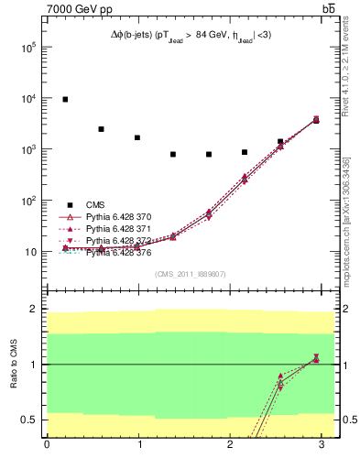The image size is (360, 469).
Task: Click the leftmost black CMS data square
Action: [65, 99]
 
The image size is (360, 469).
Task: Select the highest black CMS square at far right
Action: [316, 120]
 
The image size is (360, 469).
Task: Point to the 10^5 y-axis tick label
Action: [27, 47]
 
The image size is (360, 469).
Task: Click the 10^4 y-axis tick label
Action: [27, 98]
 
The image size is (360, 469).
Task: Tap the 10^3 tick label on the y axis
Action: [27, 149]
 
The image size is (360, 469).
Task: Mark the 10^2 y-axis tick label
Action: [27, 201]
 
